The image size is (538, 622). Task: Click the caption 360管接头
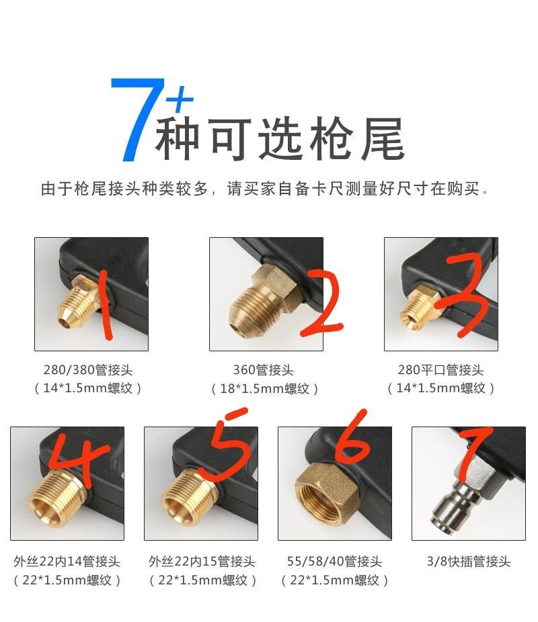[x=263, y=370]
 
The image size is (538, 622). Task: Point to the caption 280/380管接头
[x=88, y=370]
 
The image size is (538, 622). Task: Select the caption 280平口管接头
[x=440, y=370]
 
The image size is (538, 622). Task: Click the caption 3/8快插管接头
[x=469, y=562]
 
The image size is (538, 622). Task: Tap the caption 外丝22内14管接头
[x=67, y=562]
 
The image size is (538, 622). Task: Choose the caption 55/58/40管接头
[x=334, y=562]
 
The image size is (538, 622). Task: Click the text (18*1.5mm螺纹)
[x=264, y=388]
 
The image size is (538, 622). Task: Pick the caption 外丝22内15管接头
[x=202, y=562]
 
